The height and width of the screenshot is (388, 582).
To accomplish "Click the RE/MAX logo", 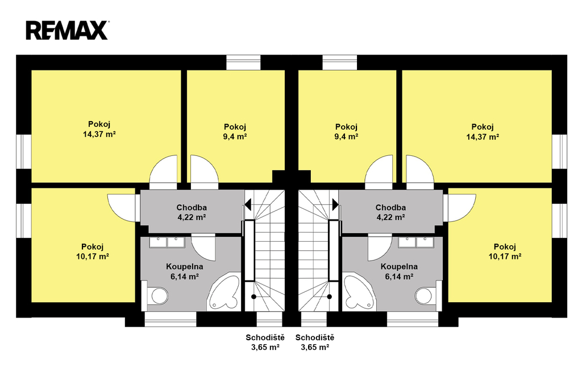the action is (67, 30).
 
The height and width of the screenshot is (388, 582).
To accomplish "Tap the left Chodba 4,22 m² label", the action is (192, 212).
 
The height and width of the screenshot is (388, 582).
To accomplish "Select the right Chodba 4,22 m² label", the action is (390, 212).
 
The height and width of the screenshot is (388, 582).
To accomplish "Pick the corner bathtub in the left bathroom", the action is (224, 292).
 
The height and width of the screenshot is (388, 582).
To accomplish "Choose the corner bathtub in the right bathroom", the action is (360, 292).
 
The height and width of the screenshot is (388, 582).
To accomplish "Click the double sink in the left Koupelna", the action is (167, 242).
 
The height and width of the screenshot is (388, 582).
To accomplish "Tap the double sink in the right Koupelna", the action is (416, 242).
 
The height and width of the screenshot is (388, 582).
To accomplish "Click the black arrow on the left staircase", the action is (248, 204).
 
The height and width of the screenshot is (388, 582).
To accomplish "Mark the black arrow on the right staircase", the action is (335, 204).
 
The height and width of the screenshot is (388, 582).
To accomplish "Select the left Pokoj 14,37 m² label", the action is (99, 129).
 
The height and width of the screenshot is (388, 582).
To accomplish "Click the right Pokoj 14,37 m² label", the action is (483, 131).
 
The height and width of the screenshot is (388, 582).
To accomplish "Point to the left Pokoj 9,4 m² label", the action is (235, 131).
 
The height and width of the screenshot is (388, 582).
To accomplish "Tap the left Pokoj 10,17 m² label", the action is (93, 251).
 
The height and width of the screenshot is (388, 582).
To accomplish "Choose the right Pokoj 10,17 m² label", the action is (505, 251).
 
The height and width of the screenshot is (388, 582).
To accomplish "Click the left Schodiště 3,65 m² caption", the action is (265, 342).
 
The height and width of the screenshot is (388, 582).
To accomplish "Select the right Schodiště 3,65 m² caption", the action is (315, 342).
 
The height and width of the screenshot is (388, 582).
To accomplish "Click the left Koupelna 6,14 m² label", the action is (185, 271).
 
